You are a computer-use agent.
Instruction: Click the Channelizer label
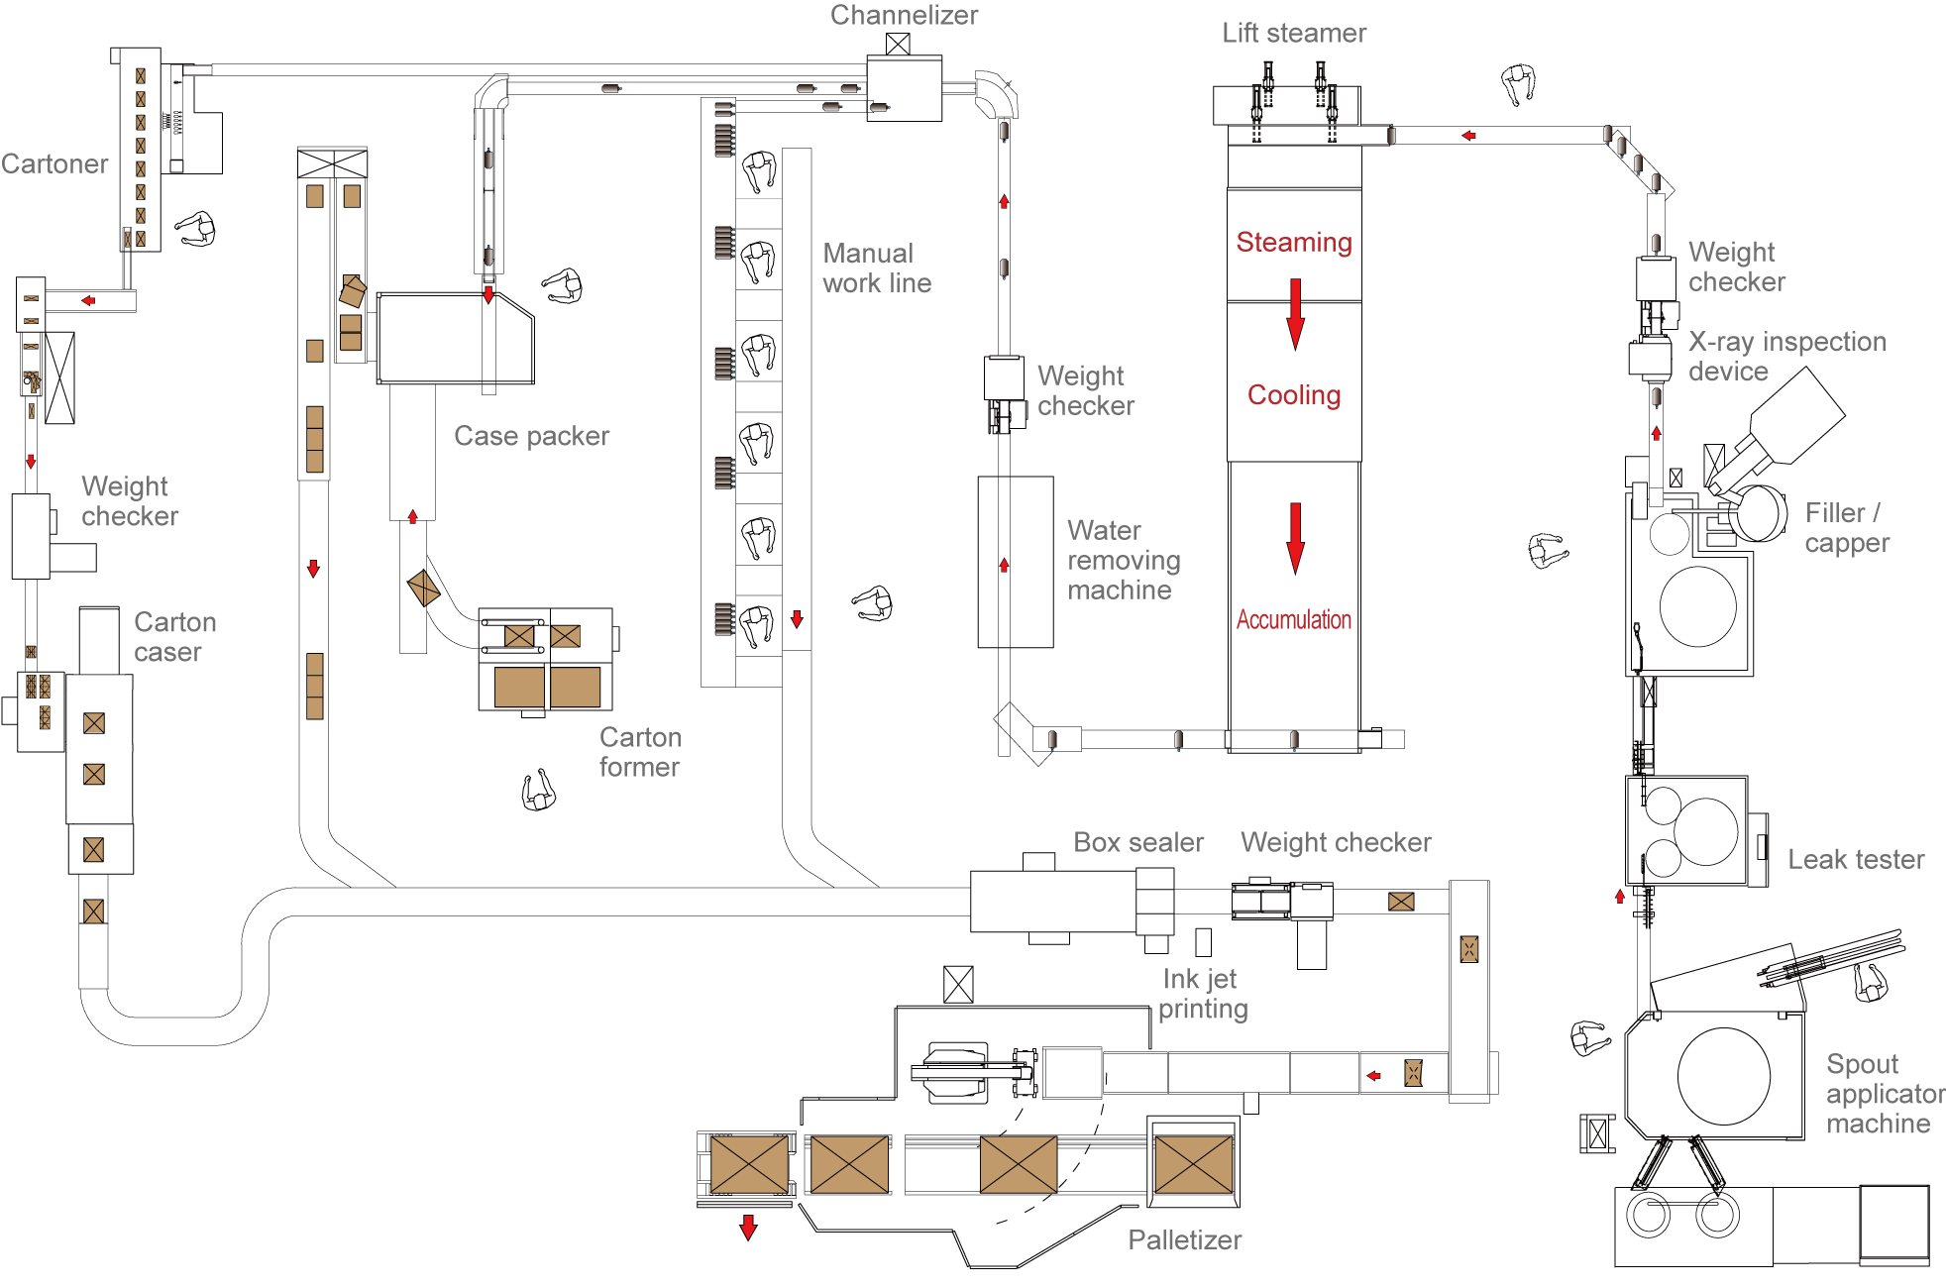click(x=904, y=15)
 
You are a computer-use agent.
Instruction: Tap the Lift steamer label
click(x=1294, y=33)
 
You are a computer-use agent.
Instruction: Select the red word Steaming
click(x=1294, y=243)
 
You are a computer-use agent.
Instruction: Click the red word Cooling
click(x=1294, y=394)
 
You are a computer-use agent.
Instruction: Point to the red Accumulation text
click(x=1294, y=620)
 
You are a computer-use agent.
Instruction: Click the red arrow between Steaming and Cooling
click(x=1295, y=314)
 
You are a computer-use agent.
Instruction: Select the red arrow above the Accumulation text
click(x=1295, y=539)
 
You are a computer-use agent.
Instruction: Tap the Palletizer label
click(x=1185, y=1240)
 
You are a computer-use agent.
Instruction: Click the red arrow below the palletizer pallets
click(x=749, y=1228)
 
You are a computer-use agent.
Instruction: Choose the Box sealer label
click(x=1138, y=842)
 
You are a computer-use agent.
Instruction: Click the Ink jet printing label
click(x=1203, y=994)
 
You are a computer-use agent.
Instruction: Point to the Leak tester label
click(x=1856, y=859)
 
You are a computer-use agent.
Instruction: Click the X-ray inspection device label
click(x=1787, y=356)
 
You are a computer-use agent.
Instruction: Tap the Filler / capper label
click(x=1847, y=528)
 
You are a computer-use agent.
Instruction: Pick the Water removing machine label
click(x=1124, y=560)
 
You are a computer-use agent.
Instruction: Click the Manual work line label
click(x=877, y=268)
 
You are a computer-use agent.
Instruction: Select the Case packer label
click(x=531, y=436)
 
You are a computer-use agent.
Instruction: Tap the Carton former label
click(x=640, y=752)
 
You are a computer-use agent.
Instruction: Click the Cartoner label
click(x=54, y=163)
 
